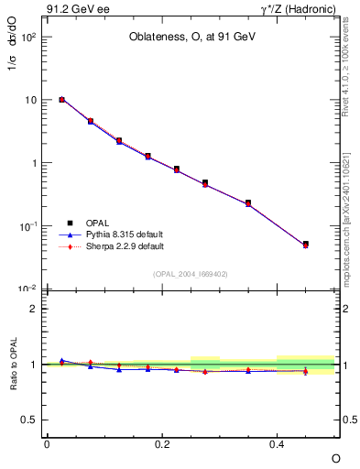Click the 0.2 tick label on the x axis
pos(161,443)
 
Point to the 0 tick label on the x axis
pos(47,443)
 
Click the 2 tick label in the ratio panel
pos(32,309)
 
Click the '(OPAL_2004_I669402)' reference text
pos(191,273)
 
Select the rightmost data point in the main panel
pos(306,245)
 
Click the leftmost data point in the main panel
pos(61,99)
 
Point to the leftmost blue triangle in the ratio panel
pos(61,360)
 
